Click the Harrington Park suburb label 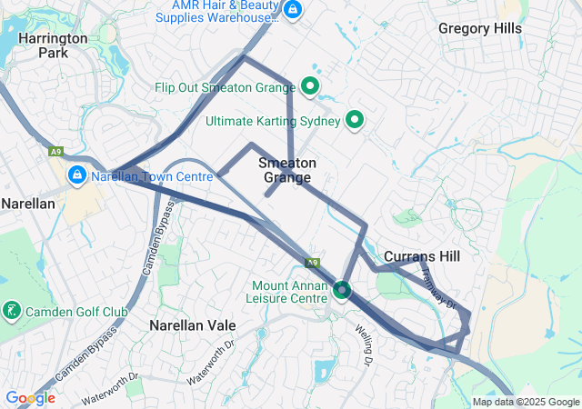coord(53,45)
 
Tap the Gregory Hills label coord(480,28)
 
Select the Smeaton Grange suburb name coord(287,170)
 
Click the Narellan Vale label coord(192,324)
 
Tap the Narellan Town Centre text coord(153,175)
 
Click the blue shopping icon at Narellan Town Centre coord(76,175)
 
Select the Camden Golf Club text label coord(76,312)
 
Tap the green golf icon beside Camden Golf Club coord(12,312)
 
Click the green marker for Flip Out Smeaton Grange coord(309,88)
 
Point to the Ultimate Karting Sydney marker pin coord(355,120)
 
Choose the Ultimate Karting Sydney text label coord(273,121)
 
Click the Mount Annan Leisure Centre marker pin coord(342,291)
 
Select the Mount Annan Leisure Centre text coord(289,292)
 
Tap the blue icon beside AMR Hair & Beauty coord(292,11)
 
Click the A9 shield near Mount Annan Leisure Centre coord(313,263)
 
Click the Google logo coord(30,398)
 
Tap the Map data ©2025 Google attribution coord(526,403)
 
